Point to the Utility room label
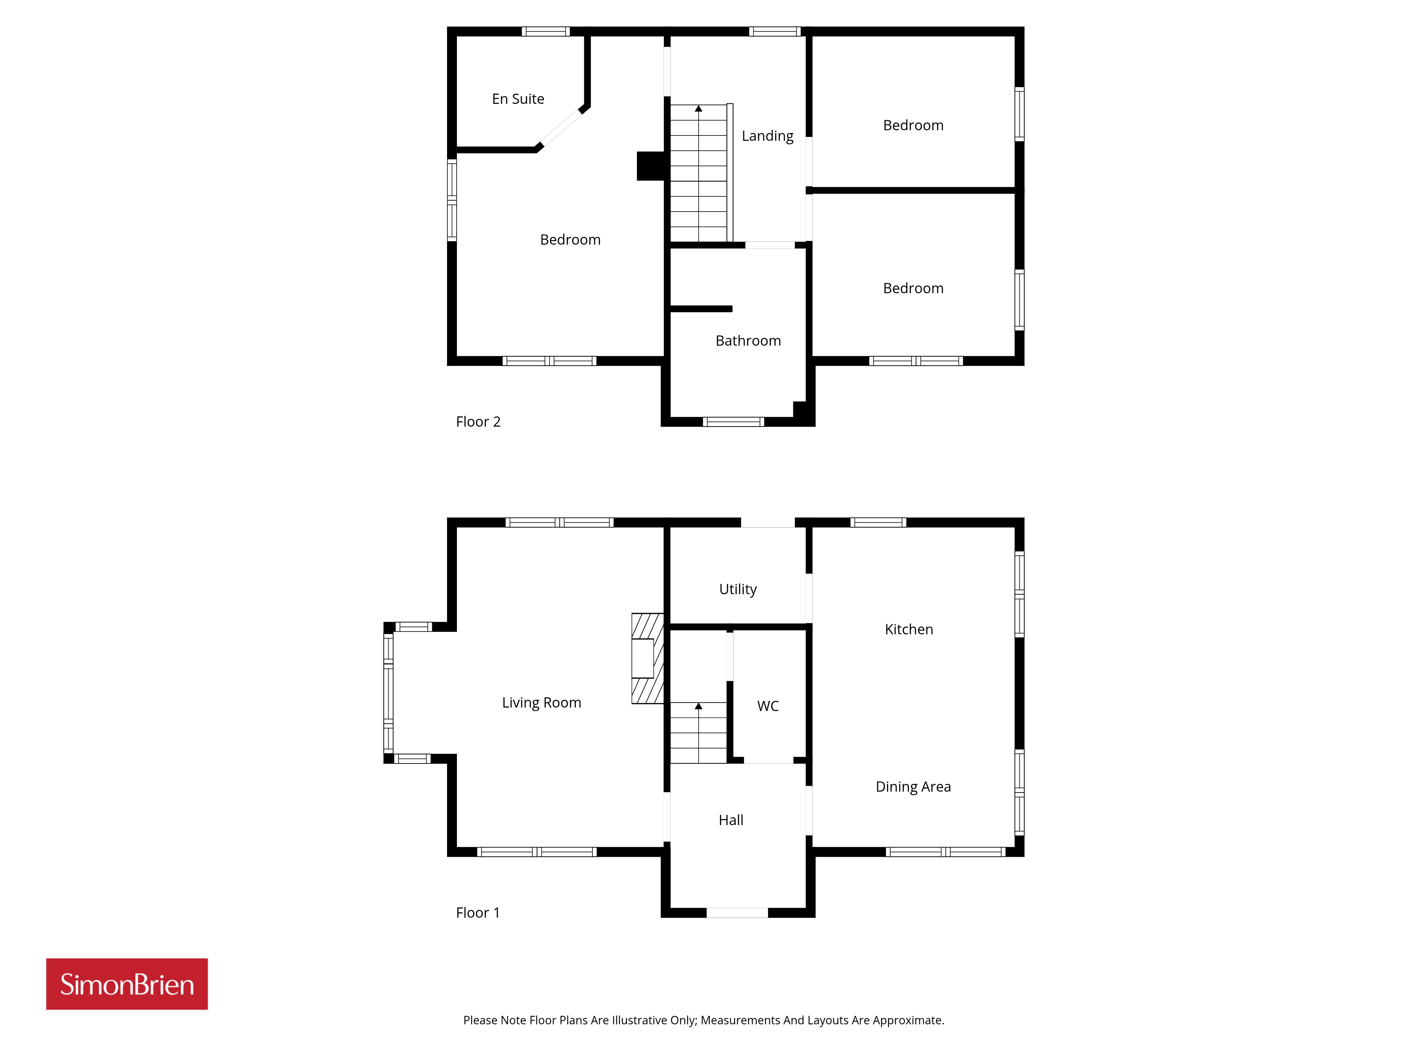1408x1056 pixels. (x=738, y=590)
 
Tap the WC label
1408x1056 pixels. (x=768, y=706)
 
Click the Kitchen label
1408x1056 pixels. (x=909, y=629)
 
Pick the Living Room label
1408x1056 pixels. (x=542, y=702)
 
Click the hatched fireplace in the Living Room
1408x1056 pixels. (x=647, y=658)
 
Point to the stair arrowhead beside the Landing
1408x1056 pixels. (x=698, y=109)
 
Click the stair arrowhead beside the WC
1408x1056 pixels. (x=698, y=706)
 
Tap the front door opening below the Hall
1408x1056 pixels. (x=737, y=913)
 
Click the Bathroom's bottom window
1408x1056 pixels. (x=733, y=421)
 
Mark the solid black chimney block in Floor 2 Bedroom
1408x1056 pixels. (x=650, y=166)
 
